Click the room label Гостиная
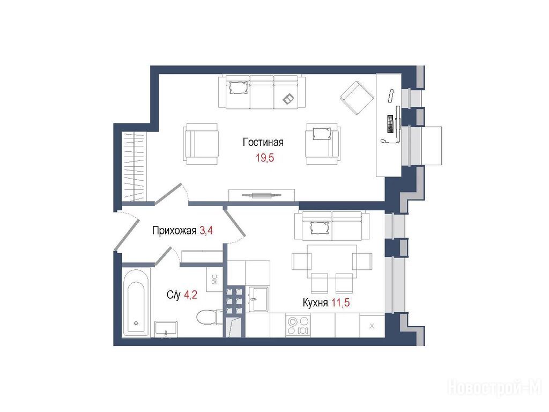[x=263, y=142]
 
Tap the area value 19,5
[x=265, y=158]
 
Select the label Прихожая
[x=174, y=231]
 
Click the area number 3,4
[x=206, y=231]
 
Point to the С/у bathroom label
[x=173, y=295]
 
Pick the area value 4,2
[x=190, y=295]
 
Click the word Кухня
[x=315, y=303]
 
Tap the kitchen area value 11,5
[x=340, y=303]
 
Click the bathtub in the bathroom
[x=136, y=303]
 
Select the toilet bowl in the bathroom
[x=209, y=318]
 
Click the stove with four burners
[x=298, y=326]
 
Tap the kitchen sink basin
[x=258, y=299]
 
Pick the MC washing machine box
[x=214, y=279]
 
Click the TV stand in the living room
[x=262, y=195]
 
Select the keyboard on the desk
[x=390, y=124]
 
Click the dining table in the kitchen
[x=331, y=261]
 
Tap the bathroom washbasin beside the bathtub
[x=166, y=329]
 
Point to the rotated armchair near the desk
[x=357, y=98]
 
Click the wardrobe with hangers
[x=133, y=167]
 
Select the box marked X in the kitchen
[x=372, y=326]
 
